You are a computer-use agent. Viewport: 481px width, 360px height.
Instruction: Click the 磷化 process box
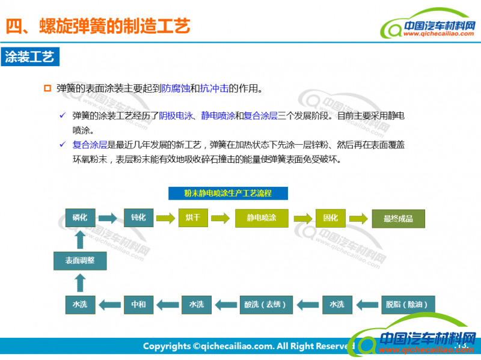80,218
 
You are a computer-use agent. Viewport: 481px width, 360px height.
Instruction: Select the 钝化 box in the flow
138,218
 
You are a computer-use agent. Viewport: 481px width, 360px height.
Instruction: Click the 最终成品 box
398,218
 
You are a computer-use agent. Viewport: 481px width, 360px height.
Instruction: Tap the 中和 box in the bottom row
138,304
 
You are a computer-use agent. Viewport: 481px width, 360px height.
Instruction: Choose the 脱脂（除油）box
407,304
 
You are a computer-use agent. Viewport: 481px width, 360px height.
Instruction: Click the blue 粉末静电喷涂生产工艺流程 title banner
227,193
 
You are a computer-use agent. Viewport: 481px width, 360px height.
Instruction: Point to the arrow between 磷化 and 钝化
108,218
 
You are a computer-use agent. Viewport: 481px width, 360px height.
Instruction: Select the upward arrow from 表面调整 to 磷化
80,239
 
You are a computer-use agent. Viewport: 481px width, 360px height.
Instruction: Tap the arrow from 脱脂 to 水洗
367,304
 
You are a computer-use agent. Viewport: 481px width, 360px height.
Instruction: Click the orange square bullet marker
48,88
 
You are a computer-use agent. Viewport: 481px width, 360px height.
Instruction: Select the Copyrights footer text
247,346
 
